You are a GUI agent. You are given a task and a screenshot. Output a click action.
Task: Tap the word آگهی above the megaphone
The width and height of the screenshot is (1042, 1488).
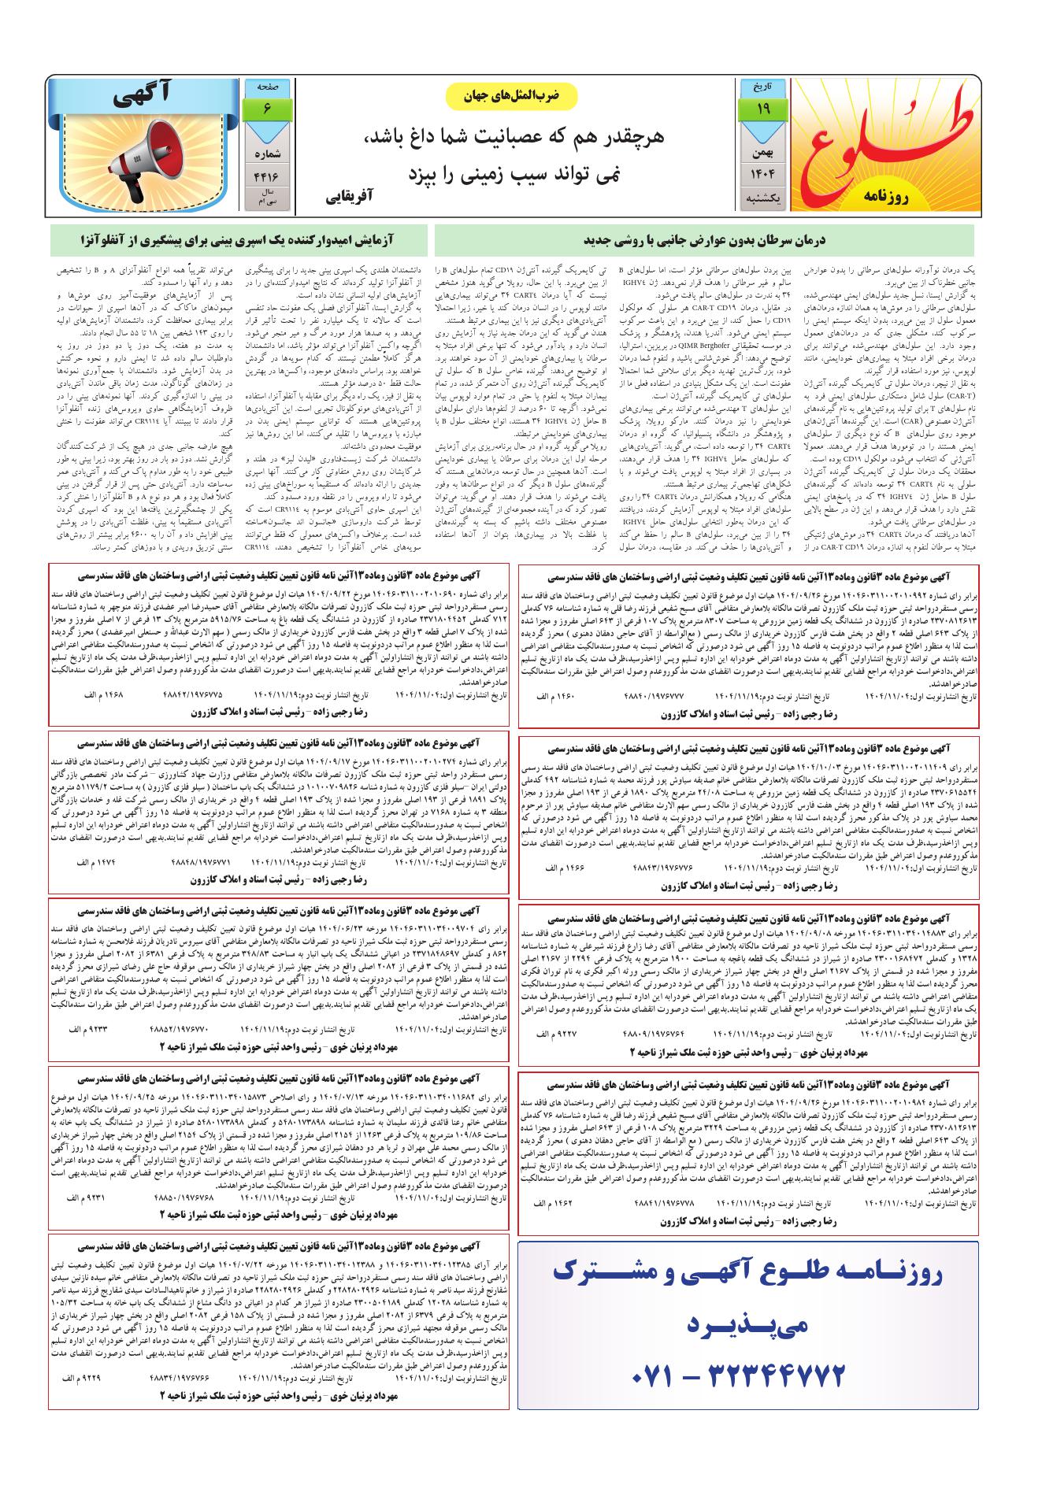coord(143,97)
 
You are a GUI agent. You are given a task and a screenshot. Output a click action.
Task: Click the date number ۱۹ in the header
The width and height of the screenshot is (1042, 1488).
coord(762,109)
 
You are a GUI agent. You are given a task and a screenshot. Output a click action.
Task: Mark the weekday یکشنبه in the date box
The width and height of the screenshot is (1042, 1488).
coord(762,200)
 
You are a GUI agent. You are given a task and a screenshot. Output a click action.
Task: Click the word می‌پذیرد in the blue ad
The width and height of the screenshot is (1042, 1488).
coord(747,1327)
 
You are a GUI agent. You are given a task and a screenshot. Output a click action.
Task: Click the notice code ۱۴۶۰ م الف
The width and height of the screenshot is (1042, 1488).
coord(557,697)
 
